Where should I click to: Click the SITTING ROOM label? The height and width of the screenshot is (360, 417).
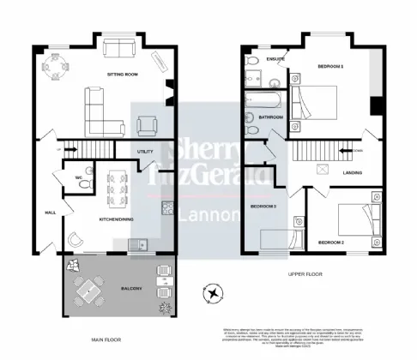point(123,75)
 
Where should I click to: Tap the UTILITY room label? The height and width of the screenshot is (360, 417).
point(145,152)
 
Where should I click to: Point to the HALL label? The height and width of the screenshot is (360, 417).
point(50,213)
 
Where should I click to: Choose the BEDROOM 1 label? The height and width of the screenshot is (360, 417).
point(330,66)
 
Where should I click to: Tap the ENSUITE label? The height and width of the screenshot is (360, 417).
point(276,59)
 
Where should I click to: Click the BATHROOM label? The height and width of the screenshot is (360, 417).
point(273,117)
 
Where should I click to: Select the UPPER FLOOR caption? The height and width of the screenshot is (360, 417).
point(306,275)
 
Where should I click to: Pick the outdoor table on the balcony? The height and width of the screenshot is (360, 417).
point(88,292)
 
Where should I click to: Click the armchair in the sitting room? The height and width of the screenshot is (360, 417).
point(146,126)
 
